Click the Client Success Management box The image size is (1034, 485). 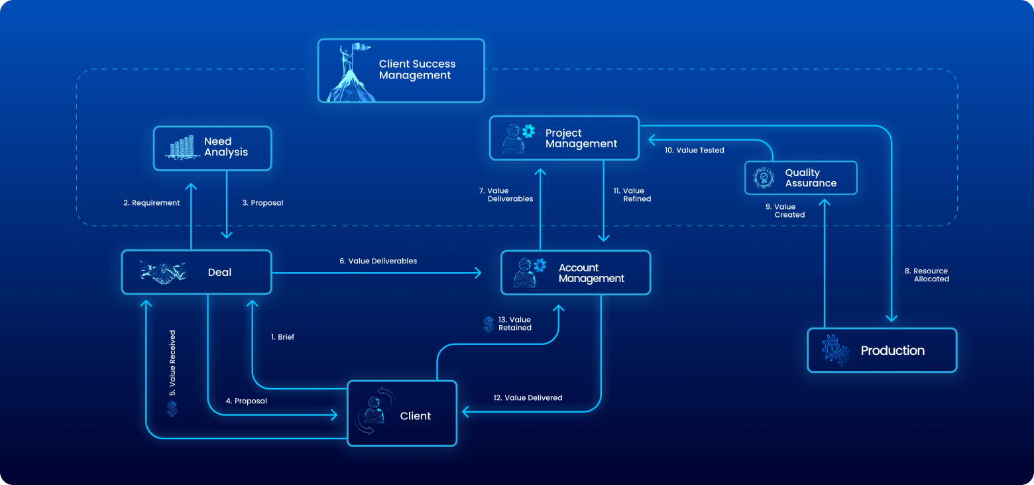(401, 70)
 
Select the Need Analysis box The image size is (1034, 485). (213, 147)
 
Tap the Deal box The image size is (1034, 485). (196, 272)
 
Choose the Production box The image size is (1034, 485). (882, 350)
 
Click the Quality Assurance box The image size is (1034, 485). (801, 178)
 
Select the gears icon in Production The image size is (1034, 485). (834, 350)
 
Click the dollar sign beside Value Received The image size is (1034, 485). (172, 409)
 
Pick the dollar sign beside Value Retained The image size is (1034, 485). (488, 324)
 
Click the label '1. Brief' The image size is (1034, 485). (282, 337)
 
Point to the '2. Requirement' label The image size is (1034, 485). (151, 203)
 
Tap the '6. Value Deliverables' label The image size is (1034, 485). (378, 261)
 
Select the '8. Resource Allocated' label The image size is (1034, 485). (927, 275)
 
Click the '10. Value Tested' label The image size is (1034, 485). (694, 151)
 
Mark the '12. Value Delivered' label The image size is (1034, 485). (528, 398)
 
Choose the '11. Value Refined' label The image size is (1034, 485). (633, 195)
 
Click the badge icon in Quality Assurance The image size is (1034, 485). (764, 178)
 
